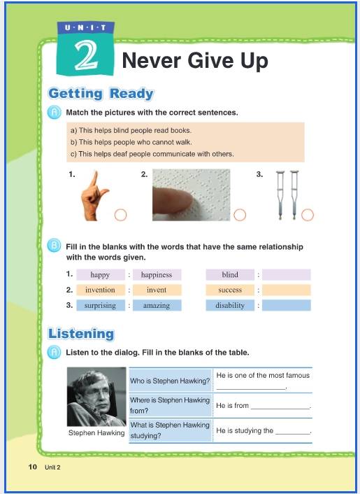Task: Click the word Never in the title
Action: click(x=151, y=60)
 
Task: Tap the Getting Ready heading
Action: click(x=101, y=94)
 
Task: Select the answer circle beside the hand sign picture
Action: click(x=120, y=215)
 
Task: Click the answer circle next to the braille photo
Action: click(x=240, y=215)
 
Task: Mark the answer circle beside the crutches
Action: click(x=308, y=215)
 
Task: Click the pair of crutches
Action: click(x=287, y=195)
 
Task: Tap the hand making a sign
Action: click(x=94, y=195)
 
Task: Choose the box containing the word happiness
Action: click(x=157, y=275)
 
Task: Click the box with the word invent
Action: click(x=157, y=290)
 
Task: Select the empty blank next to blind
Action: click(x=287, y=275)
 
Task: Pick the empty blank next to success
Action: click(x=287, y=290)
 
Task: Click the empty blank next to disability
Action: click(x=287, y=305)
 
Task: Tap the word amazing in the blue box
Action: click(x=157, y=306)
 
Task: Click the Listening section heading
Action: click(x=81, y=334)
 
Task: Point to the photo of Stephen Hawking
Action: click(x=96, y=397)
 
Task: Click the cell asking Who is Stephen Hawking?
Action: click(x=171, y=381)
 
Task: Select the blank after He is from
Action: click(x=281, y=409)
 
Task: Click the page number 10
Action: click(x=33, y=467)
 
